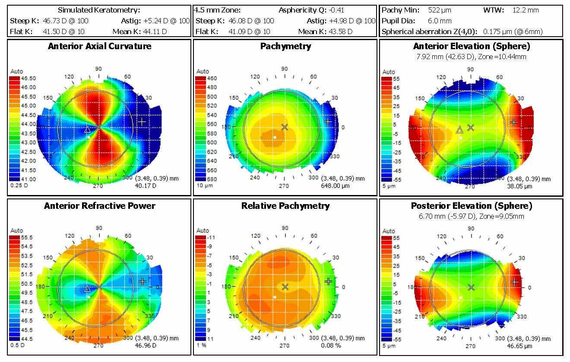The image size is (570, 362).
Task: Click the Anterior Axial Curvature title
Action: pyautogui.click(x=99, y=46)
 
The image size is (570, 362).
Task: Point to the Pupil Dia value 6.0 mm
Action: pyautogui.click(x=440, y=20)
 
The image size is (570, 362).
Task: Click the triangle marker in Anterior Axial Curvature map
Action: pyautogui.click(x=87, y=129)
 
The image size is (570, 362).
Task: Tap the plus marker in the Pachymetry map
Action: pyautogui.click(x=328, y=122)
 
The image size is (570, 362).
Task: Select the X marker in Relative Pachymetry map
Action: pyautogui.click(x=285, y=286)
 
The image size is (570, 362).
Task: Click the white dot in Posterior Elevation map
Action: pyautogui.click(x=461, y=298)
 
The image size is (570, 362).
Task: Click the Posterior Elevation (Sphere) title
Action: pyautogui.click(x=471, y=206)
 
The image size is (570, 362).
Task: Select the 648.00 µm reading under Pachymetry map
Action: pyautogui.click(x=335, y=186)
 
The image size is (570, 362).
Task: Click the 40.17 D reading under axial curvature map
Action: pyautogui.click(x=146, y=186)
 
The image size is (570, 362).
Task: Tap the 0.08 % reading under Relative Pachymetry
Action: pyautogui.click(x=331, y=346)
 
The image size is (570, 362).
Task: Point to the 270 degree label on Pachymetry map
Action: pyautogui.click(x=283, y=186)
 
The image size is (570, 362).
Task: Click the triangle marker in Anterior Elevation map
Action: pyautogui.click(x=459, y=130)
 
